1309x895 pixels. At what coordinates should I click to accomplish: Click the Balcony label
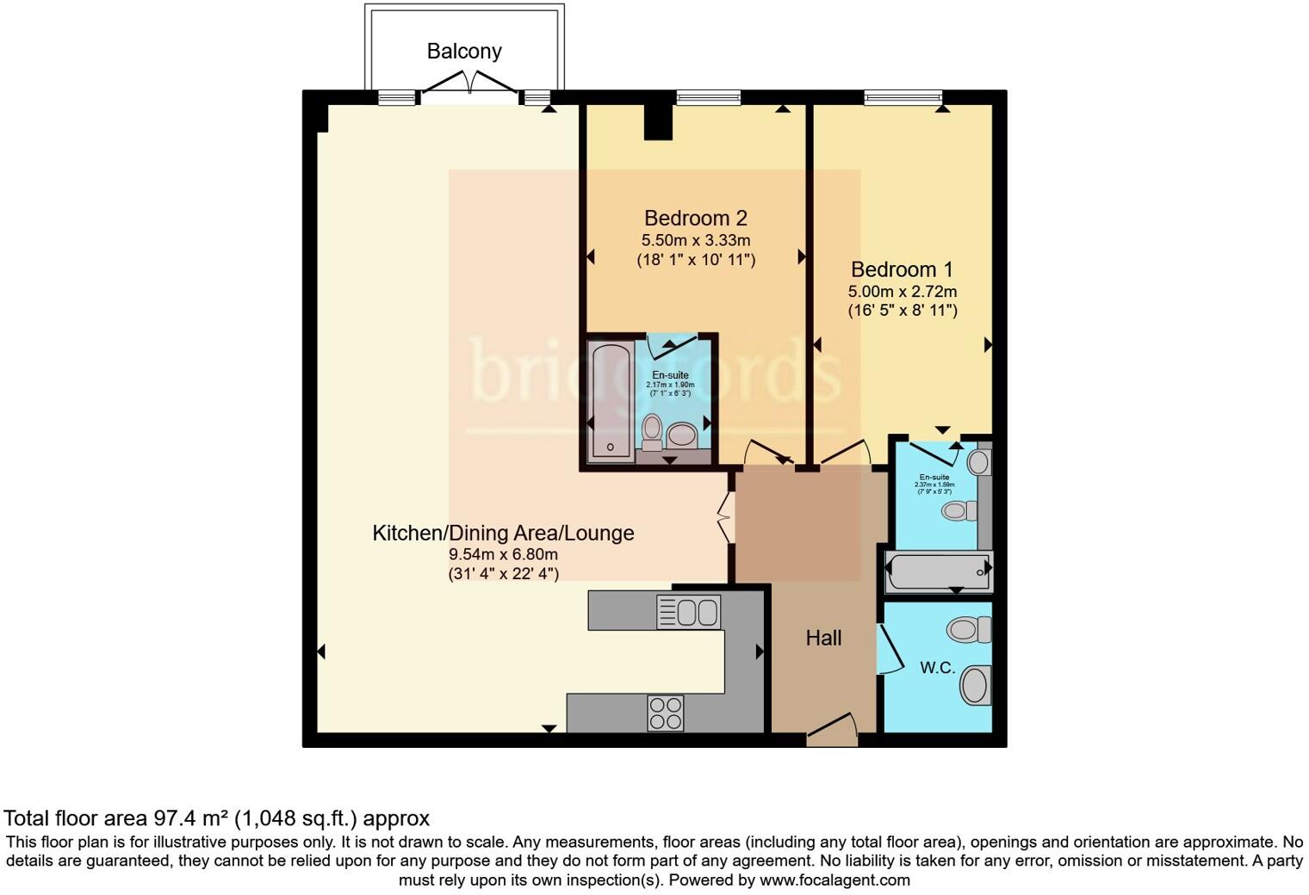464,52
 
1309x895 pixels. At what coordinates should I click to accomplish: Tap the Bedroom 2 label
695,218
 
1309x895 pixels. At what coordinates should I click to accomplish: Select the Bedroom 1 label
902,269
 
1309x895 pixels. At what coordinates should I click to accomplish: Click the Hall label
823,638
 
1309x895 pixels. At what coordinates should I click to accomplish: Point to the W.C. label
937,667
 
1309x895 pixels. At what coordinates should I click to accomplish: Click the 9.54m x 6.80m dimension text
503,554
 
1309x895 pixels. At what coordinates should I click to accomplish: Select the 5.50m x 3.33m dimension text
695,240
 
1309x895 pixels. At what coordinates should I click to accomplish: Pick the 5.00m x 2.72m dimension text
902,292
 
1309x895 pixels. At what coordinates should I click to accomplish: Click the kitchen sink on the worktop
689,613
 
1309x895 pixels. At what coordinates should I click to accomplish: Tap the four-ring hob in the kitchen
666,713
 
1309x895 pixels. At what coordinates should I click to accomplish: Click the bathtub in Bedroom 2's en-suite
611,399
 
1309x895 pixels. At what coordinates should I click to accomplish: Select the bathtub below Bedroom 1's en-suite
939,571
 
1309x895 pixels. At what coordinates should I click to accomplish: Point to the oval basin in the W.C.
975,686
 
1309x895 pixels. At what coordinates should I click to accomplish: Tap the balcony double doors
469,84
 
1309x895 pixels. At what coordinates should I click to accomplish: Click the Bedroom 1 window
903,97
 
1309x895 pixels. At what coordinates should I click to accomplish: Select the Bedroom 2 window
708,97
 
